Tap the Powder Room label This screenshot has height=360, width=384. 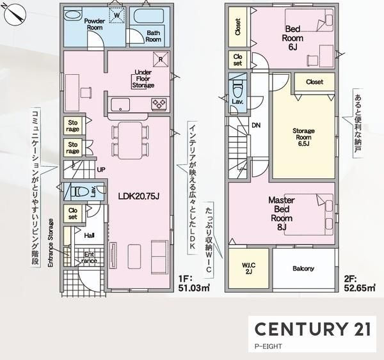click(x=95, y=24)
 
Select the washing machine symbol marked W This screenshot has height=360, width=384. click(x=117, y=15)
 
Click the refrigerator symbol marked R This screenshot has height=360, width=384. click(x=161, y=59)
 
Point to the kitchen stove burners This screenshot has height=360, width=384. click(x=159, y=103)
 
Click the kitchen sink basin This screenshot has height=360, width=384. click(x=120, y=104)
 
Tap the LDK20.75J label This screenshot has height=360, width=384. click(x=139, y=196)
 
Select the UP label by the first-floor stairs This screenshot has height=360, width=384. click(x=101, y=169)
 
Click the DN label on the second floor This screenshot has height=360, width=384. click(x=256, y=125)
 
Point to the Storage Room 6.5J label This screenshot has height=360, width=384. click(x=303, y=137)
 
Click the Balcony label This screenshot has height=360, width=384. click(x=303, y=269)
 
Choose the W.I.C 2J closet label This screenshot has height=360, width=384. click(x=248, y=268)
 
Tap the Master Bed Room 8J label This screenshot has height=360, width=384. click(x=282, y=214)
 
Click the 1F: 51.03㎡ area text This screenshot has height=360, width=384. click(x=194, y=283)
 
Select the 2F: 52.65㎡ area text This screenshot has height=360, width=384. click(x=360, y=283)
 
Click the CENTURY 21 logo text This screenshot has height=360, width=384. click(x=313, y=329)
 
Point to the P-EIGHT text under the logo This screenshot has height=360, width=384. click(x=268, y=347)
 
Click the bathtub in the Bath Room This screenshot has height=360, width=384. click(x=147, y=16)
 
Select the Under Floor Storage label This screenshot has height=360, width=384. click(x=143, y=79)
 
